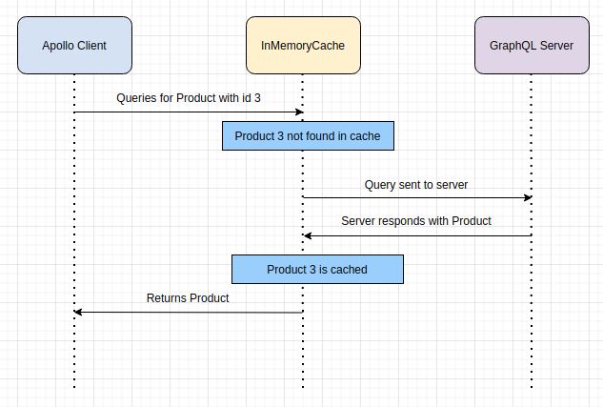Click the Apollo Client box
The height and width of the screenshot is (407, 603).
pos(74,45)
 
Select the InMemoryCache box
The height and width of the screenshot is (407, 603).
pos(303,45)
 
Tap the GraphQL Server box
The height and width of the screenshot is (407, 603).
pos(532,45)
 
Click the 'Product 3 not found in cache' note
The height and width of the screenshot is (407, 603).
pos(308,135)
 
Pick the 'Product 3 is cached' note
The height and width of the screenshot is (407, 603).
pos(317,270)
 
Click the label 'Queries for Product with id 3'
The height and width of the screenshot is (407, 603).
pos(189,98)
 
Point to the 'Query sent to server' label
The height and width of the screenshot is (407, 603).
pos(416,185)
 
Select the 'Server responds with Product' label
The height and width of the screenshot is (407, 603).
pos(416,221)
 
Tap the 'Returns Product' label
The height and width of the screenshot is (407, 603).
pos(188,298)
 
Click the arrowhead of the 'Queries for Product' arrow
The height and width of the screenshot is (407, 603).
pos(301,112)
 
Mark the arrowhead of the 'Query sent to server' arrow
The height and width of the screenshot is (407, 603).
pos(530,197)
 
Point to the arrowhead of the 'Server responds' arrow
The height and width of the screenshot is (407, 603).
pos(306,235)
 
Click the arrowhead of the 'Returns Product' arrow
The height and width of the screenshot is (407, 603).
pos(77,312)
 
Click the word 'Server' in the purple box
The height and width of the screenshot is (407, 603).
pos(556,46)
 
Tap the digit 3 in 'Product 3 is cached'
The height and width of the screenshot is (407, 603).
pos(312,270)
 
